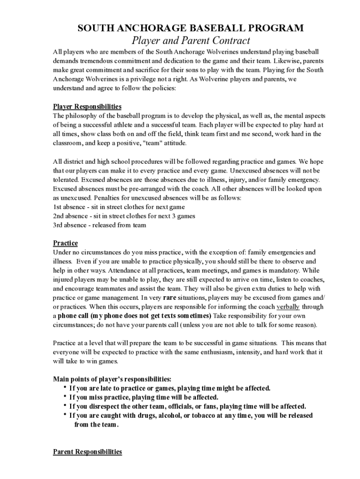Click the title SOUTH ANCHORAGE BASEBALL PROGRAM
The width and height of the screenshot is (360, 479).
coord(190,28)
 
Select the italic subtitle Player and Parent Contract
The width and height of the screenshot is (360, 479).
coord(190,41)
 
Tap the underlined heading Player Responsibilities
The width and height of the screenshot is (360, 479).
coord(87,107)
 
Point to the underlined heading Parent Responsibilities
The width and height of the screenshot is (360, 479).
coord(87,451)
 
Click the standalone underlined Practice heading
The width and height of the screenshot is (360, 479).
coord(65,243)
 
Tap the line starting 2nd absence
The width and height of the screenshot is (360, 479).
coord(124,216)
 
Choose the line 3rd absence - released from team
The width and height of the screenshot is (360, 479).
coord(100,225)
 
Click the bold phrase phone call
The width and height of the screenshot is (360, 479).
coord(73,316)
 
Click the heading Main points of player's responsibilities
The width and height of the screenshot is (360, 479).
coord(112,379)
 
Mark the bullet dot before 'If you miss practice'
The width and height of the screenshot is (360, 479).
coord(64,397)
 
